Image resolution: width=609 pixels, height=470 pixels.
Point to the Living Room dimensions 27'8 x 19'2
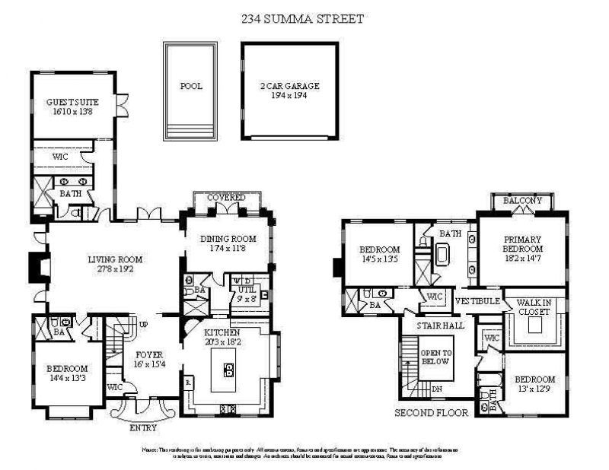pyautogui.click(x=115, y=268)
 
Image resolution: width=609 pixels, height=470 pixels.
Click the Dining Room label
pyautogui.click(x=226, y=240)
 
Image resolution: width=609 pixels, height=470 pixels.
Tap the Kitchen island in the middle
pyautogui.click(x=228, y=370)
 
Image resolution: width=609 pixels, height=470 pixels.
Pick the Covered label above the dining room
pyautogui.click(x=226, y=198)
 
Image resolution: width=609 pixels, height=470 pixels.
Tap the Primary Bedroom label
pyautogui.click(x=522, y=244)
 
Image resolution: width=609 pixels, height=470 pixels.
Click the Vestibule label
pyautogui.click(x=477, y=301)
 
